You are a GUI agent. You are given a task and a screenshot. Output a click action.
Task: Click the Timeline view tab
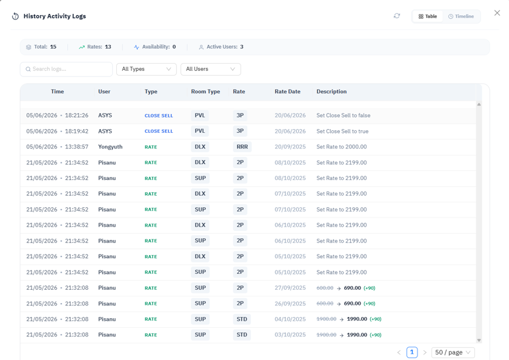[461, 16]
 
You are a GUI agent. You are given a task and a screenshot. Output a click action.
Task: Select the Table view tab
[428, 16]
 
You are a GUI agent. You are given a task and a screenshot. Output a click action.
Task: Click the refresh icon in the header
[397, 16]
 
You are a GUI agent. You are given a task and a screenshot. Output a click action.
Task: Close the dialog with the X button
[497, 13]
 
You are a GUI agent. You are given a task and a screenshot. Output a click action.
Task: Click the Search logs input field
[66, 69]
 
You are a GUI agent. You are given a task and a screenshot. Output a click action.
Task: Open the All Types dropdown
[147, 69]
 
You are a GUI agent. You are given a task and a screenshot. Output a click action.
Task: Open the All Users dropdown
[211, 69]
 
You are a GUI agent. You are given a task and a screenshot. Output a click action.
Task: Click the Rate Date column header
[287, 92]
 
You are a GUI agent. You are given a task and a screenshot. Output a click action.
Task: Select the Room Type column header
[205, 92]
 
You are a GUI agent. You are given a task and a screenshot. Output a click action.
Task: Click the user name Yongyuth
[110, 147]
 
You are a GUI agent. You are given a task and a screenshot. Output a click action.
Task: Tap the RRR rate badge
[242, 147]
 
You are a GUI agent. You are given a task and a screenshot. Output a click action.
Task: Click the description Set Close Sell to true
[342, 131]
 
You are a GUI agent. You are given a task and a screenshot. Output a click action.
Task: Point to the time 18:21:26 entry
[76, 115]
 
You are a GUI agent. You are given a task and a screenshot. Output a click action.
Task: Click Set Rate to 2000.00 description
[342, 147]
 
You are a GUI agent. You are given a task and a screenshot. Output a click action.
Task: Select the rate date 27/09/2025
[290, 288]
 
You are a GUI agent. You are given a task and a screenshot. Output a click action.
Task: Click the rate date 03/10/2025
[290, 335]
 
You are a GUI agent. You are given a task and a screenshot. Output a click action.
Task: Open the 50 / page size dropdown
[453, 353]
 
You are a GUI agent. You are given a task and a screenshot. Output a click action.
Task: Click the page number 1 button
[412, 352]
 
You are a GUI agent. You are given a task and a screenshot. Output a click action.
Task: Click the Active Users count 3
[242, 47]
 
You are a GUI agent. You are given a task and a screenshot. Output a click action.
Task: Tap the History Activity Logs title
[55, 16]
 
